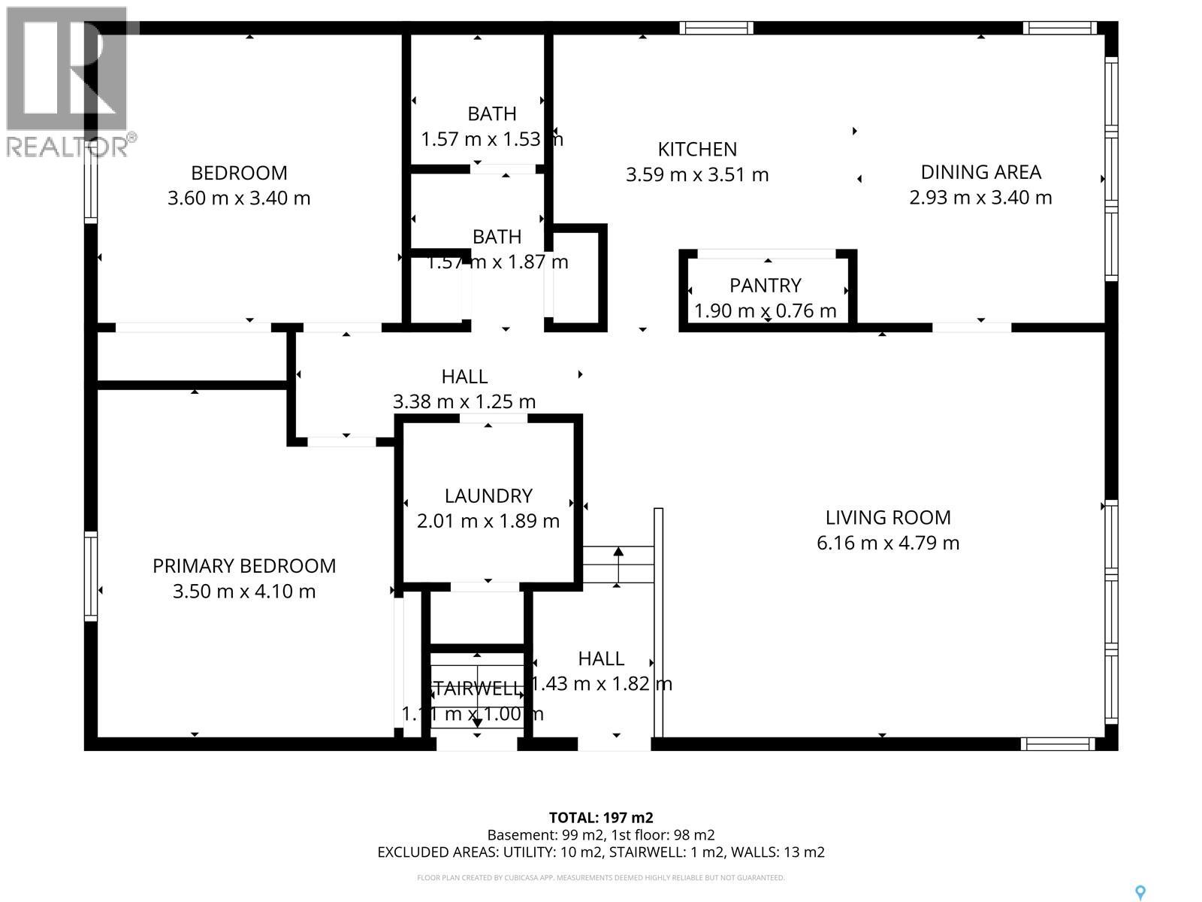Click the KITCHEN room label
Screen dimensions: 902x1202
(697, 149)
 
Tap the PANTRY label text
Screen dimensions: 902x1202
(765, 285)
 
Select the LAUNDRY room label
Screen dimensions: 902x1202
(488, 495)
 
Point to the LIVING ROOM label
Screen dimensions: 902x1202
(888, 517)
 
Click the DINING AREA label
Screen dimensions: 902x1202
(980, 172)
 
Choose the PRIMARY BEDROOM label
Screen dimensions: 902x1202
(244, 566)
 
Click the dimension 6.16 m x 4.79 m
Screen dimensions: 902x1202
(888, 543)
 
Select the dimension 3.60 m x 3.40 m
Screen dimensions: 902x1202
(239, 198)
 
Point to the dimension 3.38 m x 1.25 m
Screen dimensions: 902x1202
(464, 401)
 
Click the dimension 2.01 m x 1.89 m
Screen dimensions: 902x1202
(488, 521)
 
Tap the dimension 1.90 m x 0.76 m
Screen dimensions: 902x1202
(765, 310)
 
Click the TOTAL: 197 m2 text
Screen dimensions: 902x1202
(601, 818)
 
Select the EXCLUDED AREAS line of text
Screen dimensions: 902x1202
(601, 852)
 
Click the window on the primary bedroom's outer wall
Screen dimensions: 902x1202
(91, 576)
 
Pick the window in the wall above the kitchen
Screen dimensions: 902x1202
(716, 29)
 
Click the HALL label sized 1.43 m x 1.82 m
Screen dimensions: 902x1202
(601, 658)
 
